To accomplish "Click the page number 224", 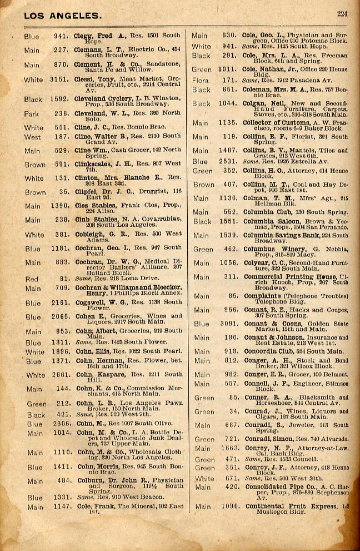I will point(342,14).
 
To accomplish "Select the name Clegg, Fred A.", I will point(93,36).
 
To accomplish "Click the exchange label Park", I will point(32,113).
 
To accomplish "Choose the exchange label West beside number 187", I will point(32,137).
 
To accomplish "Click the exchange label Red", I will point(32,279).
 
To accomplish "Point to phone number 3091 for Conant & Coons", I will point(228,324).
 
